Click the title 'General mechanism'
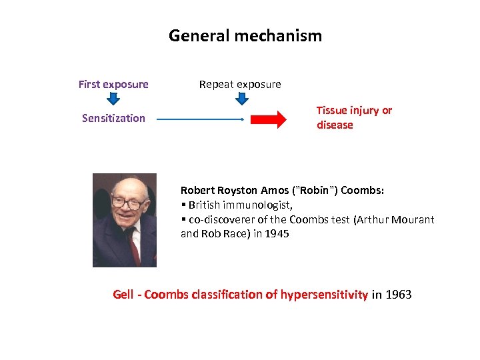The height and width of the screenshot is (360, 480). coord(245,35)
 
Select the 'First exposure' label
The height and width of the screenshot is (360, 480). coord(113,84)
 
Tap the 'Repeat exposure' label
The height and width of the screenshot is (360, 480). coord(240,84)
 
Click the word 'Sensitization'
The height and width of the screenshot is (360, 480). coord(113,118)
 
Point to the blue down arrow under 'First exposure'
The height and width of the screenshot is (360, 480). coord(113,99)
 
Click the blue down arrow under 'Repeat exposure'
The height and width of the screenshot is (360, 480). coord(242,99)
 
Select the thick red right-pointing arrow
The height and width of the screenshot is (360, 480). coord(269,120)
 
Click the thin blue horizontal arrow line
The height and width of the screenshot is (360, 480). coord(200,120)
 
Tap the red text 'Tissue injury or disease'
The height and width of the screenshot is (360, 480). coord(354,117)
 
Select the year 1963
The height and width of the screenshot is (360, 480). coord(398,294)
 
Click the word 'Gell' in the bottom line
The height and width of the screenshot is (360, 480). coord(123,294)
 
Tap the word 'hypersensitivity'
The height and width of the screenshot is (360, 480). coord(324,294)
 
